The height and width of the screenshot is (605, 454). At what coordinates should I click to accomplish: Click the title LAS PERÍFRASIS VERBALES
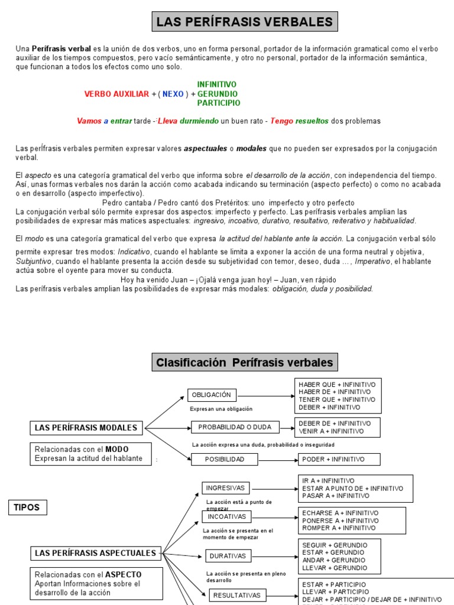tap(244, 23)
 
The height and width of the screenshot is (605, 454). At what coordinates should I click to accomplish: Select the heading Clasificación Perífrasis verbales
tap(245, 362)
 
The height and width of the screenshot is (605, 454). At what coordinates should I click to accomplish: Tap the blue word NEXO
tap(173, 94)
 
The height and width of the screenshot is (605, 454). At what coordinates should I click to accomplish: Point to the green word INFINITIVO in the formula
tap(216, 84)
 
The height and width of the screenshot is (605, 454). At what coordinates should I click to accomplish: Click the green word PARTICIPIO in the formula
tap(219, 103)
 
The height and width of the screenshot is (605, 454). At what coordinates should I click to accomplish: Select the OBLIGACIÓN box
tap(212, 395)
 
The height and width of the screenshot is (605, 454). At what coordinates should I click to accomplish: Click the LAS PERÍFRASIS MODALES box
tap(86, 427)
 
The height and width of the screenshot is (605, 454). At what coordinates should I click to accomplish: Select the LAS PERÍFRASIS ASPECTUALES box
tap(96, 553)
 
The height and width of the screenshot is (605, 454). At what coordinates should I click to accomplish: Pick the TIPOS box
tap(27, 507)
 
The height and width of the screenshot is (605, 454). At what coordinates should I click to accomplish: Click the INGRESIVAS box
tap(226, 487)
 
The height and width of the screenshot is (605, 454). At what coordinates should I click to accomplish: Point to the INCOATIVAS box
tap(226, 516)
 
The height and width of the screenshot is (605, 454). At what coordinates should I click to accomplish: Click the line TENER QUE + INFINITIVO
tap(336, 399)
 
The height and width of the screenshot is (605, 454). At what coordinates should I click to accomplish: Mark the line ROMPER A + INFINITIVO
tap(339, 528)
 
